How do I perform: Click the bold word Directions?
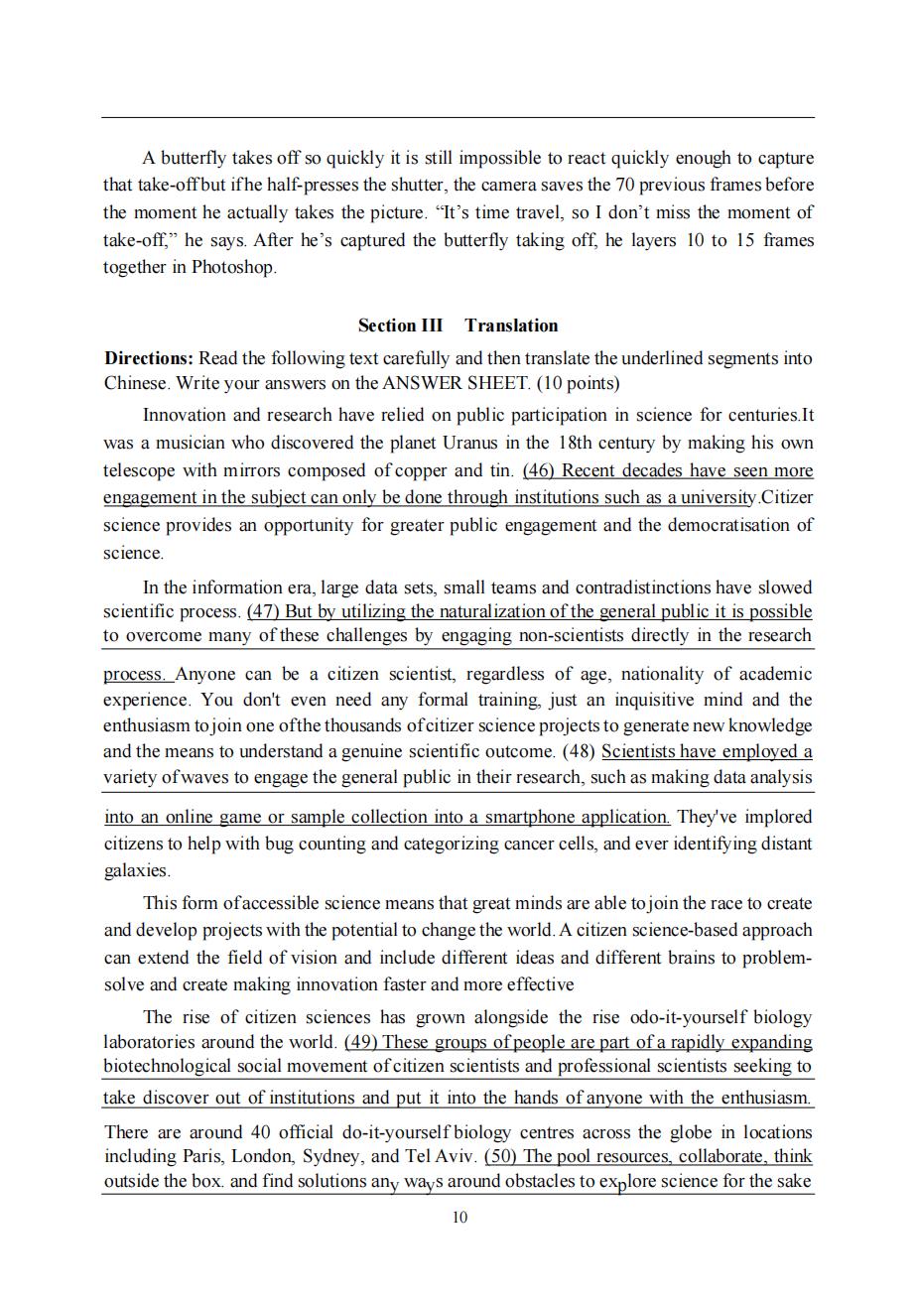click(x=149, y=357)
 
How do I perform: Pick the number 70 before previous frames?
click(x=648, y=185)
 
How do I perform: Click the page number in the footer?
click(x=458, y=1218)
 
